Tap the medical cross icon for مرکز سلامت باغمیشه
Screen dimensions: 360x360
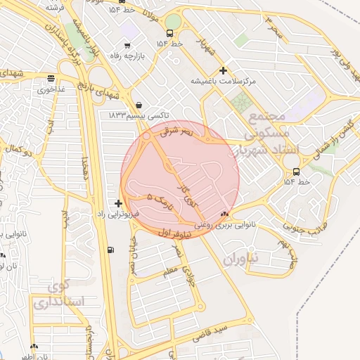click(223, 70)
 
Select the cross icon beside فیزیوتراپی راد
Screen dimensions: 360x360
click(118, 203)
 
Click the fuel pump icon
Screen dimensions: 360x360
click(110, 250)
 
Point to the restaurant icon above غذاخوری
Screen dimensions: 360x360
click(50, 79)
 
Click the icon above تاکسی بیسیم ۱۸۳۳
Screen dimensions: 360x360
click(138, 104)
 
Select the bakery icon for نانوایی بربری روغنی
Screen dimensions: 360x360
click(224, 215)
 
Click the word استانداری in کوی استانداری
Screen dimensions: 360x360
click(58, 304)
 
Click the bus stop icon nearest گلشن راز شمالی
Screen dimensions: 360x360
click(296, 172)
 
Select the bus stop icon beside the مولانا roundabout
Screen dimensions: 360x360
click(169, 34)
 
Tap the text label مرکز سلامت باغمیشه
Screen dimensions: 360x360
click(224, 82)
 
